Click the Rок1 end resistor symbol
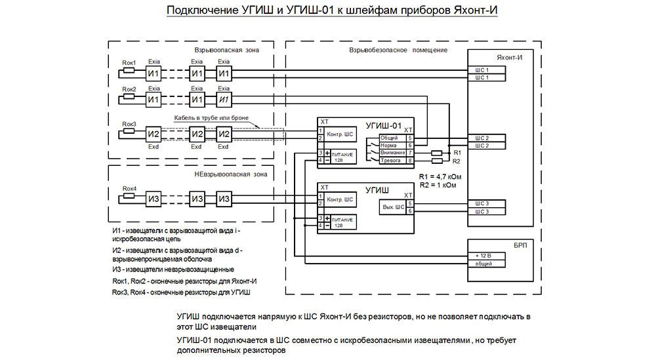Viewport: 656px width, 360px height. coord(129,70)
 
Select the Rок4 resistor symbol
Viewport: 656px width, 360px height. coord(129,195)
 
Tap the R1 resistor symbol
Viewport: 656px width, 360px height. coord(437,153)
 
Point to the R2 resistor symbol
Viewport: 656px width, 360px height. coord(437,161)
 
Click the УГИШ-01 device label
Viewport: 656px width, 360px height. coord(384,125)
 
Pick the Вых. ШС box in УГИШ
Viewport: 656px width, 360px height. coord(393,207)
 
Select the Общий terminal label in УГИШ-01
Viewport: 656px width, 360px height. coord(389,138)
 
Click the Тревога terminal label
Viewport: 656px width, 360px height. coord(390,161)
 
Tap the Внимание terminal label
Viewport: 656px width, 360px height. coord(392,153)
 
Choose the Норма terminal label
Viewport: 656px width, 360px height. coord(388,146)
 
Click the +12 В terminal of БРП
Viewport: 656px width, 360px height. coord(486,256)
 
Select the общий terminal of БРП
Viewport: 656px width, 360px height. coord(486,264)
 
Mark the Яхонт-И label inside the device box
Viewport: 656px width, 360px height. coord(509,58)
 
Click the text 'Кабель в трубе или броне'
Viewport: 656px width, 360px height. coord(211,118)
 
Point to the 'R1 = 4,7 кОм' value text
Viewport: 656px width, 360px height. coord(440,177)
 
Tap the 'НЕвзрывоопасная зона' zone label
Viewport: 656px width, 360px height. coord(230,174)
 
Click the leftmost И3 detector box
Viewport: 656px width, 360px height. coord(154,199)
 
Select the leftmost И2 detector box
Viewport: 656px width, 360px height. coord(154,134)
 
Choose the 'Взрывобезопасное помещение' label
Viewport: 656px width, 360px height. coord(398,50)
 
